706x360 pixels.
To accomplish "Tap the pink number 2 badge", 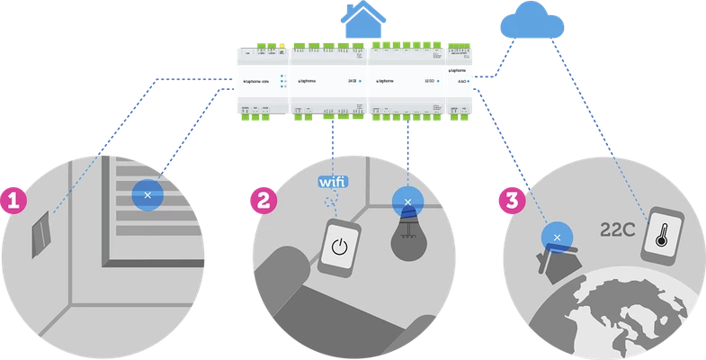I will coord(261,200).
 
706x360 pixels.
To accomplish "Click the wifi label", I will coord(334,181).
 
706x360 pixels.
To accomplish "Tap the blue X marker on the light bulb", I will coord(408,202).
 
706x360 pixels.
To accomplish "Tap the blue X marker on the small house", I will coord(557,237).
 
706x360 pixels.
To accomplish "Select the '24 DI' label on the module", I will coord(351,81).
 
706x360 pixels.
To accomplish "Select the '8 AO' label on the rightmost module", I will coord(461,81).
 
